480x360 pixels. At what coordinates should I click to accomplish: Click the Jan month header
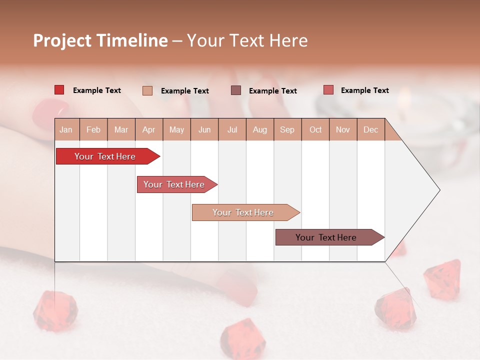tap(66, 129)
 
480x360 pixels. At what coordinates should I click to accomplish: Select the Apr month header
tap(148, 129)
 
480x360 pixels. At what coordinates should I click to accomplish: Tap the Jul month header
tap(232, 129)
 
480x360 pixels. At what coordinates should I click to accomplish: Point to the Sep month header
tap(287, 129)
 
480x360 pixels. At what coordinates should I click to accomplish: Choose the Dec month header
tap(370, 129)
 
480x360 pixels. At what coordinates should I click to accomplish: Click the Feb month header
tap(93, 129)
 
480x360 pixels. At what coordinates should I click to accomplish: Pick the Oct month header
tap(315, 129)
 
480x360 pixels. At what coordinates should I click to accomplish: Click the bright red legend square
tap(59, 90)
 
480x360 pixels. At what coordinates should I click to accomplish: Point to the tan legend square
tap(147, 90)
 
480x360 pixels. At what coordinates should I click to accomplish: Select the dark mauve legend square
tap(236, 90)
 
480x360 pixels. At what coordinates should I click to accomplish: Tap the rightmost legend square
tap(328, 90)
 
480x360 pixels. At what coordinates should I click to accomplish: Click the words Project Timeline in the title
tap(100, 40)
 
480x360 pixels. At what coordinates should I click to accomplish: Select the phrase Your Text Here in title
tap(247, 40)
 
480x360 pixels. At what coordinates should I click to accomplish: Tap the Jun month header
tap(204, 129)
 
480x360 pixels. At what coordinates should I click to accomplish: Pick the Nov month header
tap(343, 129)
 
